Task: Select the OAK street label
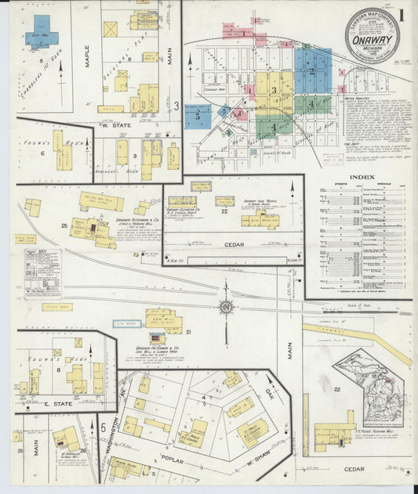pyautogui.click(x=270, y=392)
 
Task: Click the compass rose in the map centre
pyautogui.click(x=226, y=307)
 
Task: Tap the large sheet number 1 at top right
pyautogui.click(x=401, y=15)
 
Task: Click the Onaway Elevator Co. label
pyautogui.click(x=185, y=210)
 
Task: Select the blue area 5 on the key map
pyautogui.click(x=198, y=116)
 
